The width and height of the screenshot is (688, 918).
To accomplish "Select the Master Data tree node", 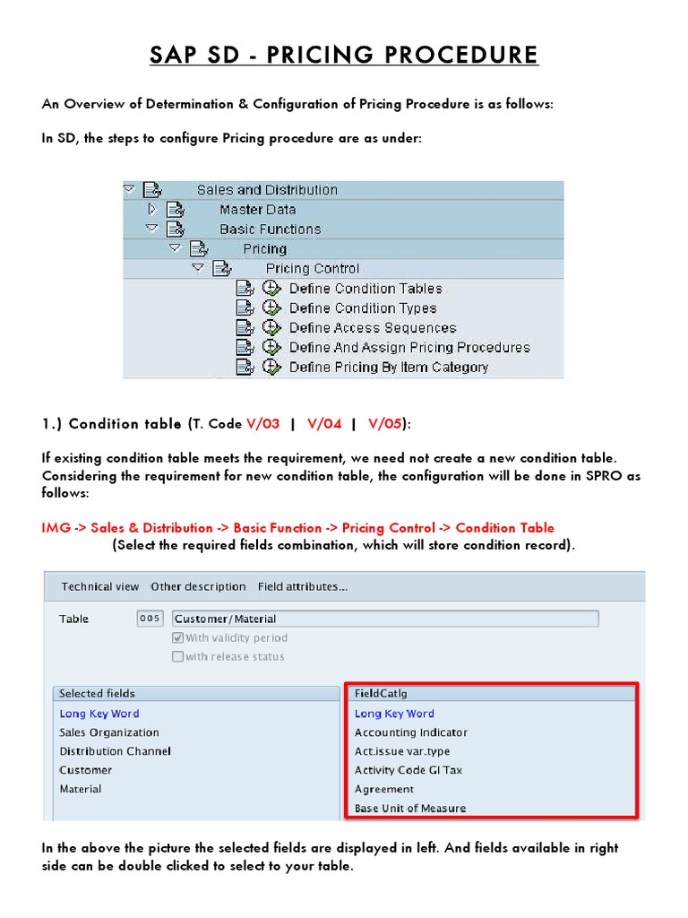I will (257, 210).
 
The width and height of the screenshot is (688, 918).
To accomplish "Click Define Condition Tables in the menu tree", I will (365, 289).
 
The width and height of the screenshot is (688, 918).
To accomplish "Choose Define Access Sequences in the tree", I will (372, 328).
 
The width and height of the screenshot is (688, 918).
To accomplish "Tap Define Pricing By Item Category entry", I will (388, 368).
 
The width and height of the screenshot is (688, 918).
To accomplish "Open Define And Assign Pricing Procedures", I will (408, 348).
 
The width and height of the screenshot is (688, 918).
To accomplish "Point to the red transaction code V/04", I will (324, 424).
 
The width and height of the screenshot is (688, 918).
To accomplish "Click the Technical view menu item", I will (99, 587).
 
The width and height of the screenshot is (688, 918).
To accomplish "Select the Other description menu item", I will (198, 587).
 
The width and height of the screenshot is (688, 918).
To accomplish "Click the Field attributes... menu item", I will (303, 587).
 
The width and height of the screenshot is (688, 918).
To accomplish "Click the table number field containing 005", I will (150, 619).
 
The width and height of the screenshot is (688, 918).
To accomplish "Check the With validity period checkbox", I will (177, 638).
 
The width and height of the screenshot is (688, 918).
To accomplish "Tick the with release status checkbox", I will (177, 657).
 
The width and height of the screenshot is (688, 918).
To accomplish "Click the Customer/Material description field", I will (384, 619).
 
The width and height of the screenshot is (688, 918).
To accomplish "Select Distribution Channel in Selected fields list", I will (115, 751).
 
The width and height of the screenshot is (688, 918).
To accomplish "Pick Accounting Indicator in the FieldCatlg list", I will (410, 732).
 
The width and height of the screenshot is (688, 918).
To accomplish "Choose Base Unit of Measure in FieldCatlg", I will (409, 809).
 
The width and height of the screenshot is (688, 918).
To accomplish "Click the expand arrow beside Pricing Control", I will (198, 268).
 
